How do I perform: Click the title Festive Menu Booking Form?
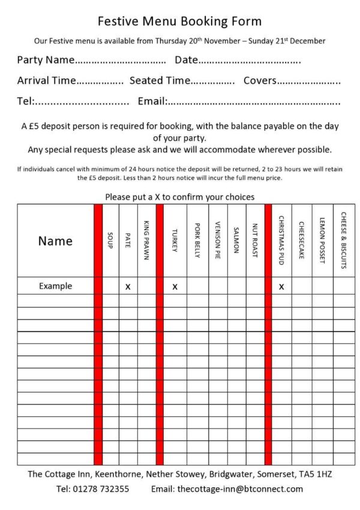(x=179, y=22)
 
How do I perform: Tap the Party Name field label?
(x=46, y=60)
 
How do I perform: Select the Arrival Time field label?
(x=47, y=80)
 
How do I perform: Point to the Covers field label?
(x=260, y=80)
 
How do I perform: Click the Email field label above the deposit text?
(x=152, y=101)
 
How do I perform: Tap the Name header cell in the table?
(x=55, y=241)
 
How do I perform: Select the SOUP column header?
(x=110, y=241)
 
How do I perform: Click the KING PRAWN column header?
(x=146, y=240)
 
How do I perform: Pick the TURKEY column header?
(x=175, y=241)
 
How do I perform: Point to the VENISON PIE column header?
(x=217, y=241)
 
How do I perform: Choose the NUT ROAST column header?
(x=254, y=241)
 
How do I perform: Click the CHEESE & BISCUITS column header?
(x=343, y=240)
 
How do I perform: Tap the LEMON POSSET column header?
(x=322, y=241)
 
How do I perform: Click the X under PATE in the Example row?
(x=128, y=287)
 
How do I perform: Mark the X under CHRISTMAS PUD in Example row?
(x=281, y=287)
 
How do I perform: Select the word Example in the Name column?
(x=55, y=286)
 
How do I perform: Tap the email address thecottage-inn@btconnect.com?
(x=240, y=489)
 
